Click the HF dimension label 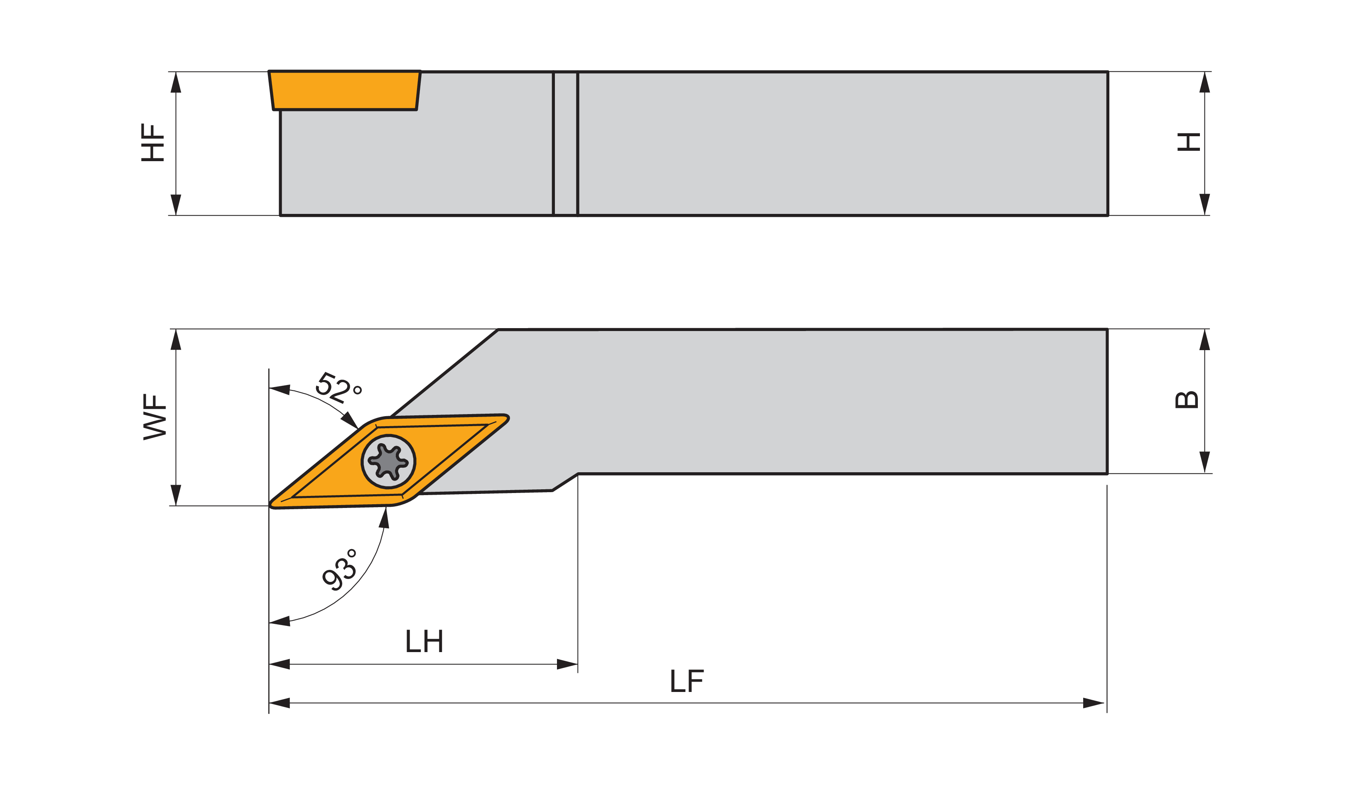point(152,142)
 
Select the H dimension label point(1188,142)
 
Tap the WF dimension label point(155,417)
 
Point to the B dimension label point(1187,400)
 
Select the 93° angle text point(340,571)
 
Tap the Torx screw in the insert point(388,461)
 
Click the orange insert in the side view point(344,90)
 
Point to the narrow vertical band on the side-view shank point(565,143)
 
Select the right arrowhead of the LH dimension point(567,665)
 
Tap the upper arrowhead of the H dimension point(1204,82)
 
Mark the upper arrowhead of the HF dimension point(176,82)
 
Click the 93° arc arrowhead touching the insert point(385,518)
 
